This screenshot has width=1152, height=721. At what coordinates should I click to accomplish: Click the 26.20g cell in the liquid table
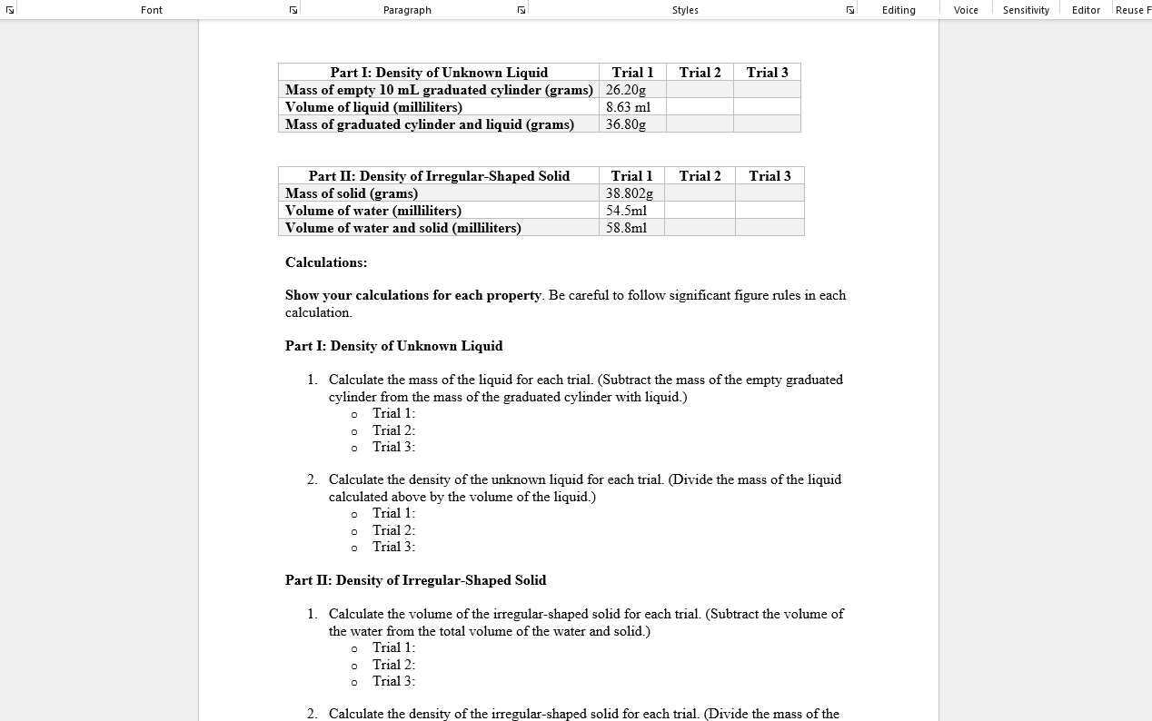coord(626,90)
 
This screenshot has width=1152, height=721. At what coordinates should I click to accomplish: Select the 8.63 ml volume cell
coord(628,107)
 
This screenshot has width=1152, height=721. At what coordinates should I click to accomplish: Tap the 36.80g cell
coord(626,124)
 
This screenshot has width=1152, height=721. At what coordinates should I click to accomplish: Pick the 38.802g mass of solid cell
coord(630,193)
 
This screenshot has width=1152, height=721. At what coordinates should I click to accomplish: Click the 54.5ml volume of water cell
coord(627,211)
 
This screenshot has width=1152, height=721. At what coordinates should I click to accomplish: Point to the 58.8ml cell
coord(627,228)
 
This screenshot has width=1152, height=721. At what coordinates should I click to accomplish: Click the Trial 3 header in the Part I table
coord(767,73)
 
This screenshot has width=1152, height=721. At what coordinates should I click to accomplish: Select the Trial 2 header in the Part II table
coord(700,176)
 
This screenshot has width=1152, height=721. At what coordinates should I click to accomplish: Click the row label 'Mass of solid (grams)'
coord(352,193)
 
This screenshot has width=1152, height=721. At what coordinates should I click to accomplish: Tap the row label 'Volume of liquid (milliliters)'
coord(373,107)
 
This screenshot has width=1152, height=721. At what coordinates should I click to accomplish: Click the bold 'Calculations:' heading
coord(326,262)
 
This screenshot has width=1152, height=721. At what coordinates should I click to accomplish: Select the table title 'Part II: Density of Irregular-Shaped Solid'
coord(439,176)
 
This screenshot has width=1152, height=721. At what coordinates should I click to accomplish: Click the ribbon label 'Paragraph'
coord(407,10)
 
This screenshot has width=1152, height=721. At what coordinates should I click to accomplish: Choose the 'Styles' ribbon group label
coord(685,10)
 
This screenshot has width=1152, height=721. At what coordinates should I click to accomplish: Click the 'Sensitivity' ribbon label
coord(1026,10)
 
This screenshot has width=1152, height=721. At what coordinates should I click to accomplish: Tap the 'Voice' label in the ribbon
coord(966,10)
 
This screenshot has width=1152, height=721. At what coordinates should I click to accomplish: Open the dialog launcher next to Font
coord(293,10)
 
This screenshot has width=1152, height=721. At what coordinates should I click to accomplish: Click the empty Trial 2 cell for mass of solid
coord(700,193)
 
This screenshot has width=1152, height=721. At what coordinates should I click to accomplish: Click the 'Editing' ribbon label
coord(899,10)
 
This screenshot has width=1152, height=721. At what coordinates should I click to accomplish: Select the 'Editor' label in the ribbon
coord(1086,10)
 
